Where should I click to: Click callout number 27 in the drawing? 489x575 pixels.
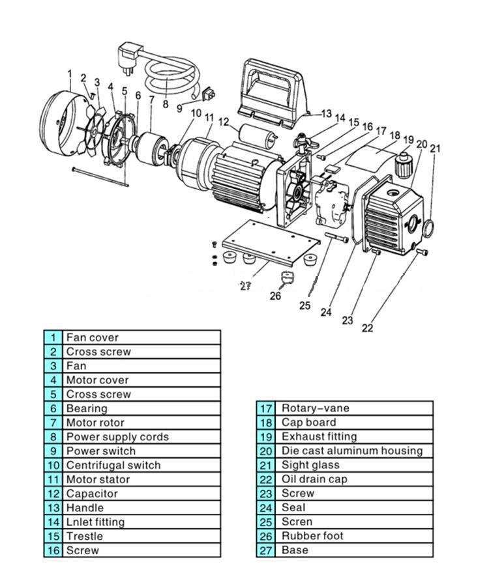pyautogui.click(x=245, y=286)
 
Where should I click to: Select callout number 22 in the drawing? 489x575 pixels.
pyautogui.click(x=368, y=328)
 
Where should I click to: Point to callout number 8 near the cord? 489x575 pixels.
pyautogui.click(x=165, y=104)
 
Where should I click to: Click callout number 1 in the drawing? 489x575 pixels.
pyautogui.click(x=68, y=73)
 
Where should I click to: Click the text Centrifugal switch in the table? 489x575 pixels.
pyautogui.click(x=113, y=465)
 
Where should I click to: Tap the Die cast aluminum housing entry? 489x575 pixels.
pyautogui.click(x=352, y=451)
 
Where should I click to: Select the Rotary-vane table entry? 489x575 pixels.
pyautogui.click(x=315, y=408)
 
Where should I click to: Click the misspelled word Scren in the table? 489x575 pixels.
pyautogui.click(x=297, y=522)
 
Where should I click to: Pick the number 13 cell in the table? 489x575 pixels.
pyautogui.click(x=53, y=507)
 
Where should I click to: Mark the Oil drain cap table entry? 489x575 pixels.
pyautogui.click(x=314, y=479)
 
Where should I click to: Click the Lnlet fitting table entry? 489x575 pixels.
pyautogui.click(x=95, y=522)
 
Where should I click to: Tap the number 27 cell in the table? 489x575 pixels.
pyautogui.click(x=266, y=550)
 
